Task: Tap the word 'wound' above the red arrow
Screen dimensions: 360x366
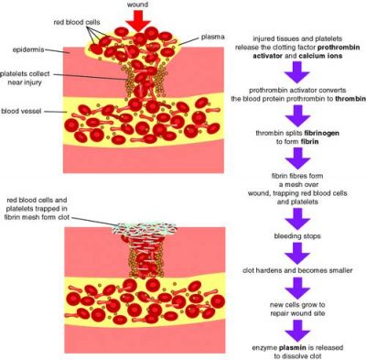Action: pyautogui.click(x=137, y=5)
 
